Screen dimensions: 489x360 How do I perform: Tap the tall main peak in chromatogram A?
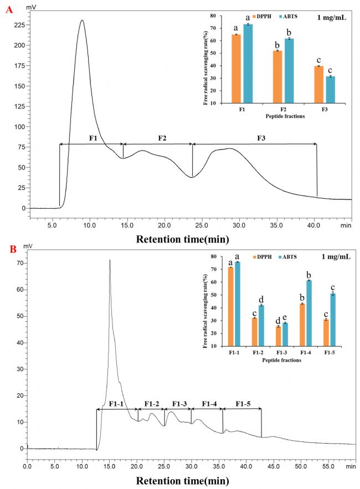pyautogui.click(x=82, y=22)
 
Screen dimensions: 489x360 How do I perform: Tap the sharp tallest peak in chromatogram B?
pyautogui.click(x=110, y=261)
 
